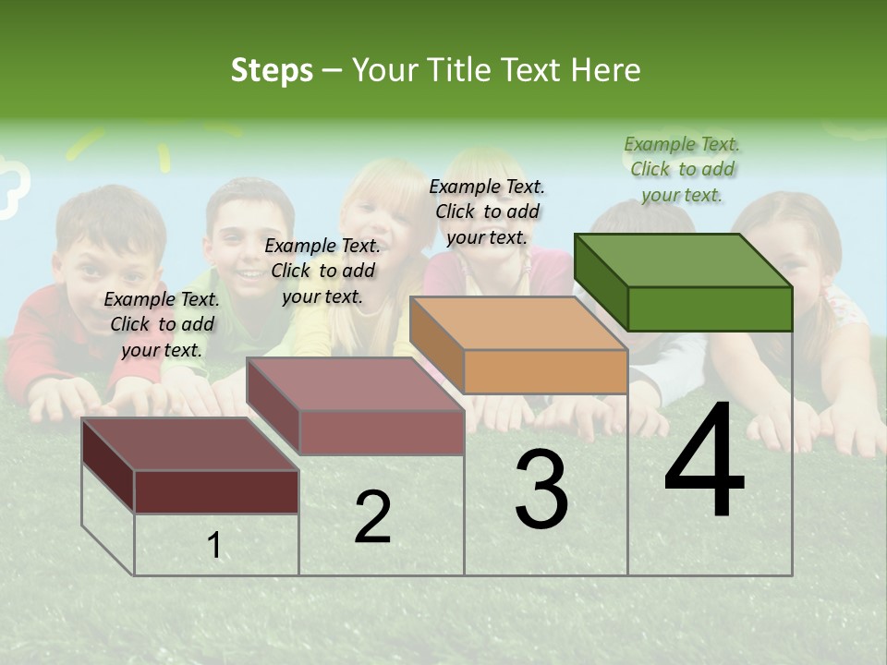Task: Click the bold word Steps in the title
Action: pyautogui.click(x=272, y=70)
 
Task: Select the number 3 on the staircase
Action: pyautogui.click(x=541, y=490)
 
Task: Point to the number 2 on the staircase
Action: pyautogui.click(x=372, y=517)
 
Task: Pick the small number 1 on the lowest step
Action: pyautogui.click(x=214, y=546)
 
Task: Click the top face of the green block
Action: pyautogui.click(x=683, y=260)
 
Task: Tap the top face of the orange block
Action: pyautogui.click(x=518, y=323)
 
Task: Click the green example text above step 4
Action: pyautogui.click(x=682, y=169)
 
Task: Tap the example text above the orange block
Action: pyautogui.click(x=487, y=212)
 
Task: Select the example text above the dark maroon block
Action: pyautogui.click(x=162, y=324)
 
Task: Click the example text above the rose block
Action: pyautogui.click(x=322, y=271)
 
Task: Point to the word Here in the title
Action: pyautogui.click(x=605, y=70)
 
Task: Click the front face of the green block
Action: pyautogui.click(x=710, y=308)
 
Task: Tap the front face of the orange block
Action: pyautogui.click(x=545, y=372)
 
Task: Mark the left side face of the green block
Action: pyautogui.click(x=601, y=281)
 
